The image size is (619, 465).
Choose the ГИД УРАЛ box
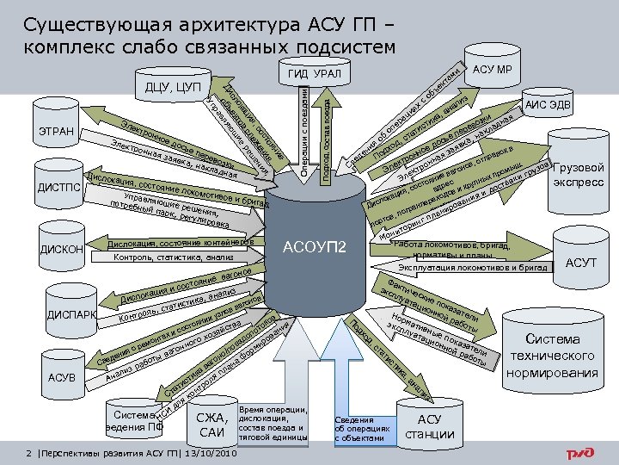click(316, 75)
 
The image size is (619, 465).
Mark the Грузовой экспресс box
click(580, 175)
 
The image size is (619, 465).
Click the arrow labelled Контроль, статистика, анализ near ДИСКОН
click(172, 257)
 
